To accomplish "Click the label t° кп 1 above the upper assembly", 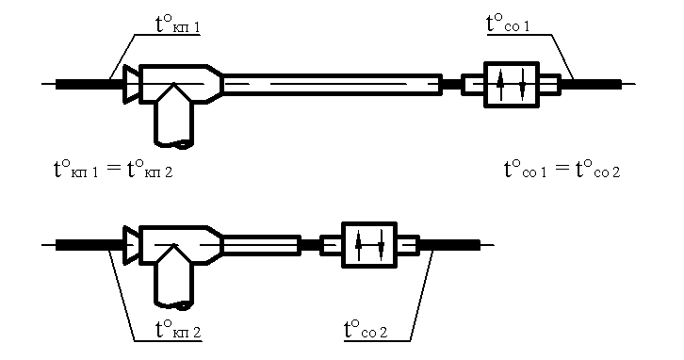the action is pyautogui.click(x=178, y=24).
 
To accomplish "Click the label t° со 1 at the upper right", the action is pyautogui.click(x=508, y=24).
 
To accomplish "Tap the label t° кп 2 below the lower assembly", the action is pyautogui.click(x=178, y=330).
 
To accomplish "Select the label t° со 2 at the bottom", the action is pyautogui.click(x=366, y=330).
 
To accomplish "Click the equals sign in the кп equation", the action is pyautogui.click(x=113, y=169).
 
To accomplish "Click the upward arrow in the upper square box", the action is pyautogui.click(x=500, y=85).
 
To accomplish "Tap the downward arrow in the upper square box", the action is pyautogui.click(x=522, y=85).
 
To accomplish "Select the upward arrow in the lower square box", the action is pyautogui.click(x=359, y=245).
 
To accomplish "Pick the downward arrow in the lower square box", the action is pyautogui.click(x=381, y=245).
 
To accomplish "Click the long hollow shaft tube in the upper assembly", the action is pyautogui.click(x=333, y=84).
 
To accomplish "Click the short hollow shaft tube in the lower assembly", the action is pyautogui.click(x=262, y=245).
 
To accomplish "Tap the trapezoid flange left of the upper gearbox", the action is pyautogui.click(x=131, y=84).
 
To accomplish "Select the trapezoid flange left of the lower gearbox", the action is pyautogui.click(x=131, y=245).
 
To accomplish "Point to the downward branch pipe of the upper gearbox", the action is pyautogui.click(x=174, y=118).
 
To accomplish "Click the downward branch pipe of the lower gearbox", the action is pyautogui.click(x=174, y=279).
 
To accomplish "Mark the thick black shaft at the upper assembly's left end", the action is pyautogui.click(x=90, y=84).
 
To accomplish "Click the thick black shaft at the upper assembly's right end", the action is pyautogui.click(x=591, y=84).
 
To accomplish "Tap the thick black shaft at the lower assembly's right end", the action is pyautogui.click(x=449, y=245).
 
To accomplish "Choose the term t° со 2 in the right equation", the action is pyautogui.click(x=597, y=169).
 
